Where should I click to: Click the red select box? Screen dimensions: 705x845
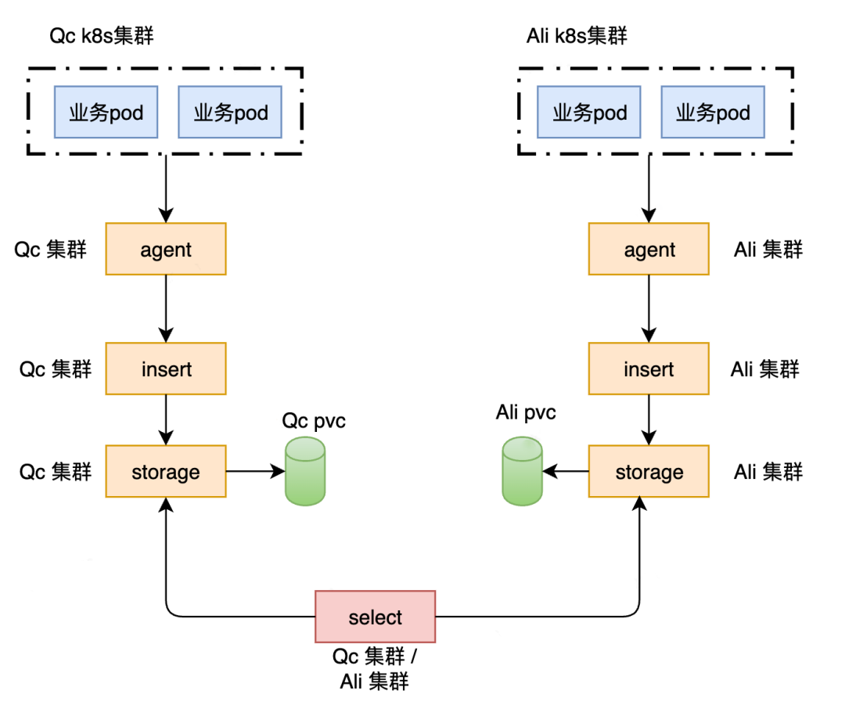point(375,617)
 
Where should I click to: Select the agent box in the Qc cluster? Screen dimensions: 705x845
point(166,249)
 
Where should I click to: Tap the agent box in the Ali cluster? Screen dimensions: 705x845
point(649,249)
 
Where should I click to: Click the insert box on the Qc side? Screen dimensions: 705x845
point(166,368)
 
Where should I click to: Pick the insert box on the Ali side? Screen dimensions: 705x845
point(649,368)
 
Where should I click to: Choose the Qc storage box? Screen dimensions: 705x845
point(166,471)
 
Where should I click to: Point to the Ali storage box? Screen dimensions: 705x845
point(649,471)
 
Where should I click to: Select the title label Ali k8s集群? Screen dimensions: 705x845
point(577,37)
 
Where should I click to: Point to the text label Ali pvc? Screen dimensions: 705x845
point(526,412)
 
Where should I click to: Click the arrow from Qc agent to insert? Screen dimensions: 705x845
point(166,308)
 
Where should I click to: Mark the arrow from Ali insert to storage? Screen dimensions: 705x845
point(649,419)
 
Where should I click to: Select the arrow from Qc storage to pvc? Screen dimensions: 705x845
point(255,471)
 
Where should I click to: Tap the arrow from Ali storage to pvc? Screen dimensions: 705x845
point(566,471)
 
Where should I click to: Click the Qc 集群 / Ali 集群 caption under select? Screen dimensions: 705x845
point(375,668)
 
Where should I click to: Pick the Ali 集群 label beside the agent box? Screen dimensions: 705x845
point(768,250)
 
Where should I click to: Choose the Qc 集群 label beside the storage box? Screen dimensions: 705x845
point(56,472)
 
